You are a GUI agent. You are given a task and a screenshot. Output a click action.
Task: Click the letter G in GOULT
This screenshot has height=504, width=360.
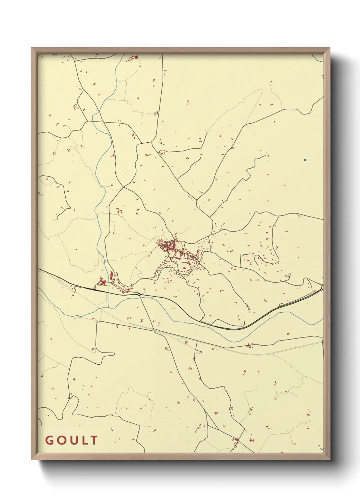(49, 440)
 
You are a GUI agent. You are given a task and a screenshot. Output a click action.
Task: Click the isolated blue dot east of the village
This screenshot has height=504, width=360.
(305, 160)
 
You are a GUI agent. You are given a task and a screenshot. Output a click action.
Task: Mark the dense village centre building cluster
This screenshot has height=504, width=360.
(167, 245)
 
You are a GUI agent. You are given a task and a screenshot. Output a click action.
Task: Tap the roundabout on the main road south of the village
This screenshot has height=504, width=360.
(139, 294)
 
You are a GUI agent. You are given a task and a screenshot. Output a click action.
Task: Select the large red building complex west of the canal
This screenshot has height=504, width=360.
(102, 282)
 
